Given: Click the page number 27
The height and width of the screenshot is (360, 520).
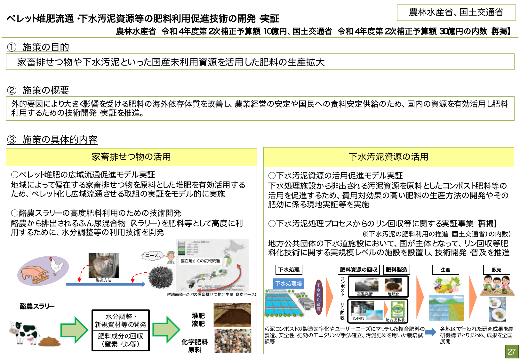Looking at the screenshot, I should point(511,351).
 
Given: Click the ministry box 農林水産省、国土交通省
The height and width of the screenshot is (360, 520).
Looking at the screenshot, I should point(456,12).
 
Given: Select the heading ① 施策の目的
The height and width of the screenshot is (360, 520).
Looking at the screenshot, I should point(38,47).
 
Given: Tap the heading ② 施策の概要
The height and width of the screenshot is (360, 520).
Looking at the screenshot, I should point(38,90).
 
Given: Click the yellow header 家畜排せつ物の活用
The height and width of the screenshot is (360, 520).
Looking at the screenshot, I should point(131,157).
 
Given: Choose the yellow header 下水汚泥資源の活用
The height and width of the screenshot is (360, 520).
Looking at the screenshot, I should point(388,157).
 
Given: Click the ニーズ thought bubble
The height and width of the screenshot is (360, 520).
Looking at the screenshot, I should point(152,255).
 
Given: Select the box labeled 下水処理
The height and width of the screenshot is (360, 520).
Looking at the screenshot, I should point(289,270).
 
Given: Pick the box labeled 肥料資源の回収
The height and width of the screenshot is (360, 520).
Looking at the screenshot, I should point(359,270).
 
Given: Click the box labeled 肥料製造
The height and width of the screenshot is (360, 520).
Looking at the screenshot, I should point(396,270).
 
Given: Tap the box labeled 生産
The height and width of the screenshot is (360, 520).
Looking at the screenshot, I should point(445,270).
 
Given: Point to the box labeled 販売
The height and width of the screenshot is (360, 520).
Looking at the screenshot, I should point(496,270).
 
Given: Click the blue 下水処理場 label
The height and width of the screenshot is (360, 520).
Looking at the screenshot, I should point(289,284).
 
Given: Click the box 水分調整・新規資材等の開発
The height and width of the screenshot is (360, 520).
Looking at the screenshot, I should point(120,320).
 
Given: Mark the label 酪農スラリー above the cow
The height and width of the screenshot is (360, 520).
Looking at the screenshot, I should point(37,306).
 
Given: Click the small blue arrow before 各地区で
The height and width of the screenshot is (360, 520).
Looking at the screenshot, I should point(431,332).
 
